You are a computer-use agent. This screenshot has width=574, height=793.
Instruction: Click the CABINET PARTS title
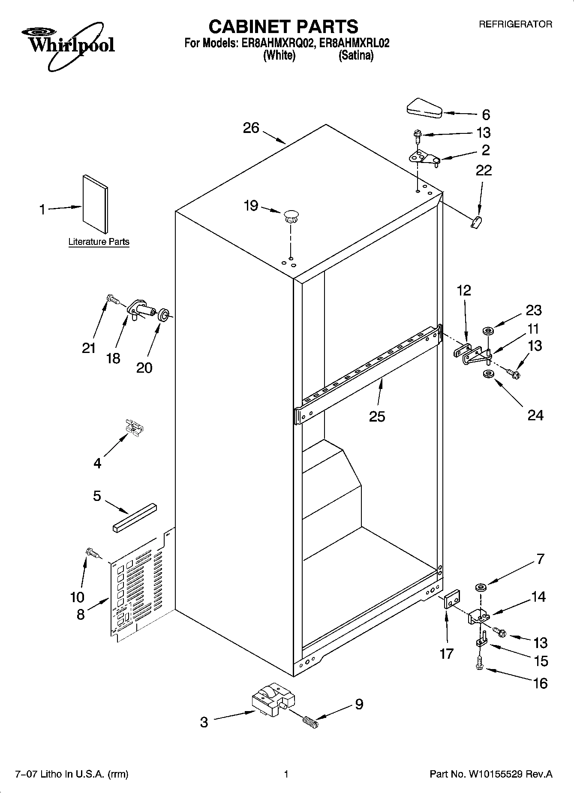click(x=283, y=27)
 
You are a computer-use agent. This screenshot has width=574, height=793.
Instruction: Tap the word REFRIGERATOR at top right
click(x=515, y=25)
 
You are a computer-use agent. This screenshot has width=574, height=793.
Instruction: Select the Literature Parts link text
click(x=99, y=242)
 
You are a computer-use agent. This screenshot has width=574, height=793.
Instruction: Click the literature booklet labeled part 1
click(x=95, y=204)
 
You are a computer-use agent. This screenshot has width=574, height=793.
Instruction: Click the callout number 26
click(x=251, y=128)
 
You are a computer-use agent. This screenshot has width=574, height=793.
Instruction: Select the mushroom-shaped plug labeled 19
click(x=291, y=215)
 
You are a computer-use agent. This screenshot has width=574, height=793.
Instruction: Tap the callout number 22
click(x=484, y=171)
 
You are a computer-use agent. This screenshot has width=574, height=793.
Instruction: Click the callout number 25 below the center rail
click(x=377, y=416)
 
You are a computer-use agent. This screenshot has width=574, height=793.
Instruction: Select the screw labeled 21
click(x=112, y=299)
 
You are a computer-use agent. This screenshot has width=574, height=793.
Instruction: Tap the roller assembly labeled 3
click(x=273, y=700)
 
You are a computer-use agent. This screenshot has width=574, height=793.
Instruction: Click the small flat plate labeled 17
click(x=451, y=599)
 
